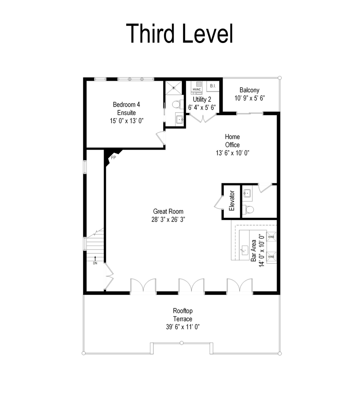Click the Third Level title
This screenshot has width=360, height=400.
tap(180, 33)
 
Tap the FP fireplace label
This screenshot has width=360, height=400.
tap(114, 157)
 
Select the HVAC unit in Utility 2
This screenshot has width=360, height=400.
tap(196, 89)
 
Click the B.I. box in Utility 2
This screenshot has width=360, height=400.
tap(213, 86)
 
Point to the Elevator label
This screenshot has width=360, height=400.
tap(232, 201)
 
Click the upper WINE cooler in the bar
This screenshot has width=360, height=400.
tap(271, 237)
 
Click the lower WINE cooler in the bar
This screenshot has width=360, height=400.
tap(271, 256)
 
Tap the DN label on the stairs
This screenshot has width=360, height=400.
tap(95, 263)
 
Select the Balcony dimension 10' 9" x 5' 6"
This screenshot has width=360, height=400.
tap(249, 98)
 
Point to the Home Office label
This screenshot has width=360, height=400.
tap(233, 141)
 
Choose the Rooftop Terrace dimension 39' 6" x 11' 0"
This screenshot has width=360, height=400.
tap(182, 327)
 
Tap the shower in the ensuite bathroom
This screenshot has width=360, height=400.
tap(174, 88)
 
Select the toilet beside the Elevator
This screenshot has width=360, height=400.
tap(250, 210)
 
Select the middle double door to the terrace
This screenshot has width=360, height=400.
tap(191, 287)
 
